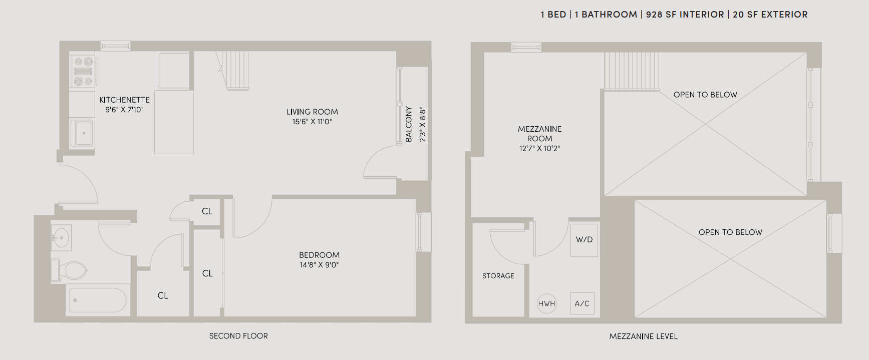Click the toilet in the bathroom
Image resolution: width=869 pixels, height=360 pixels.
click(x=70, y=270)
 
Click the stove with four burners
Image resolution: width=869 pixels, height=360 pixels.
click(x=83, y=71)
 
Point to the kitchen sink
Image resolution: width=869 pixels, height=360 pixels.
click(x=82, y=133)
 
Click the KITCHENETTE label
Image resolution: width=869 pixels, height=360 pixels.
click(x=124, y=100)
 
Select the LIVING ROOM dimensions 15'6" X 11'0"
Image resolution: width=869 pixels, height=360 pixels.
click(x=312, y=122)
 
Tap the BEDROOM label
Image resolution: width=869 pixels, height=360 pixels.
click(x=319, y=255)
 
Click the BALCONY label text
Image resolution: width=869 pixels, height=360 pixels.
click(x=409, y=124)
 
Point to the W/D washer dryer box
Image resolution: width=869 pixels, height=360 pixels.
click(x=584, y=240)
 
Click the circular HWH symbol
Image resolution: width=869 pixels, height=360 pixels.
click(x=546, y=303)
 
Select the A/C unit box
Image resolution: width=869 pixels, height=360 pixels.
click(x=582, y=303)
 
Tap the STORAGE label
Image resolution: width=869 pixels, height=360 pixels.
click(x=498, y=276)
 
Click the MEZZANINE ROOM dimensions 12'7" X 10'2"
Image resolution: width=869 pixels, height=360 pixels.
click(x=539, y=149)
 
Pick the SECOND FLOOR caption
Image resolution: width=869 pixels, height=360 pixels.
click(x=238, y=336)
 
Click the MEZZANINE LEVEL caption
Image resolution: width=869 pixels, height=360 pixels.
click(x=643, y=336)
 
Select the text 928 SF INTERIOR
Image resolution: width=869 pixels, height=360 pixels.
click(x=685, y=15)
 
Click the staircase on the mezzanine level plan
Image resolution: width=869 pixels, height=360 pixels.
click(x=631, y=71)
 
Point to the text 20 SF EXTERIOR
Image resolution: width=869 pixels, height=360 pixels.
click(x=770, y=15)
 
